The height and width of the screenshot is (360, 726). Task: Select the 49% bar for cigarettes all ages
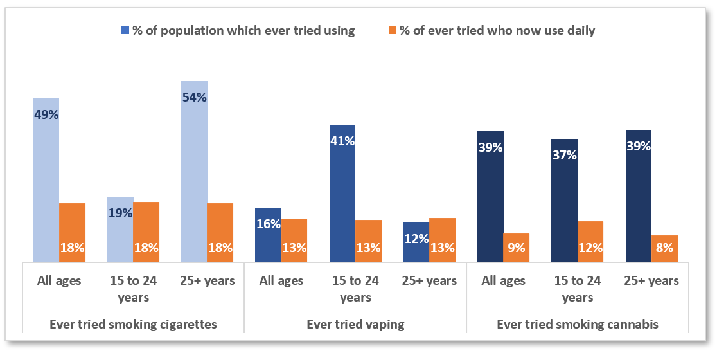[x=46, y=180]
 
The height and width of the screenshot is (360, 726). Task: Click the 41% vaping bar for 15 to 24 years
[x=342, y=193]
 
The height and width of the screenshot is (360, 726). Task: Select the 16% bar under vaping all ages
[x=268, y=235]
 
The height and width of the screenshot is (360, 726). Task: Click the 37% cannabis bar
[x=564, y=200]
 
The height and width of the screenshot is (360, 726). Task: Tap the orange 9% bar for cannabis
[x=517, y=248]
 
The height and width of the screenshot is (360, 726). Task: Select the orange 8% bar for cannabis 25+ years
[x=664, y=248]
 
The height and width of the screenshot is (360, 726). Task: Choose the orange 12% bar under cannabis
[x=590, y=241]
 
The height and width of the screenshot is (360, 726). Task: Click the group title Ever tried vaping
[x=355, y=324]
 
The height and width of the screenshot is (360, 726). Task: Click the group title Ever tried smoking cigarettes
[x=133, y=324]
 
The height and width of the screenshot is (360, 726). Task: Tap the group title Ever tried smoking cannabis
[x=578, y=324]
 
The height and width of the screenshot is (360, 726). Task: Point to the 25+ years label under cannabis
[x=651, y=280]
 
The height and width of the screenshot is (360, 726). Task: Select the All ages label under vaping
[x=281, y=280]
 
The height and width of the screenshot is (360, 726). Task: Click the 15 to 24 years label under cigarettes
[x=133, y=289]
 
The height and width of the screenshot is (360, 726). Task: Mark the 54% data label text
[x=194, y=98]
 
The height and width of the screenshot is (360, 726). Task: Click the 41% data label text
[x=342, y=141]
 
